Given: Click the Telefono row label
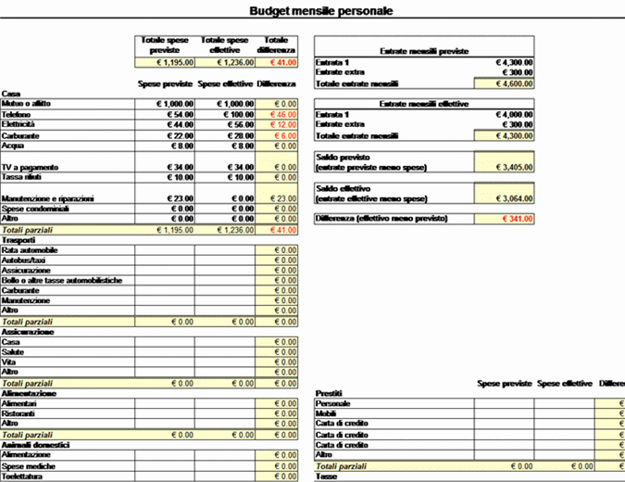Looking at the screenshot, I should tap(17, 113).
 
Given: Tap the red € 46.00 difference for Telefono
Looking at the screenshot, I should tap(278, 113).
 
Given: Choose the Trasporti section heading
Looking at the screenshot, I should tap(18, 239).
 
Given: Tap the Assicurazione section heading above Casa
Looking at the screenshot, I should tap(27, 331).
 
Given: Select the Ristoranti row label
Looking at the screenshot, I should tap(19, 412).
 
